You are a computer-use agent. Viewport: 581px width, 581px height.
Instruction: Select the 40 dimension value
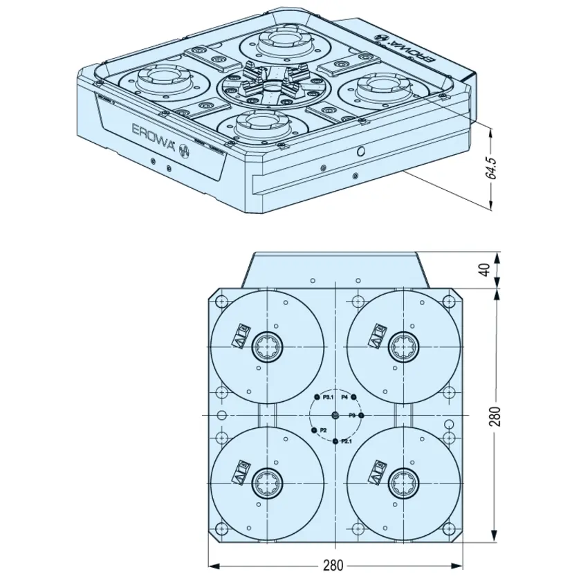pos(492,269)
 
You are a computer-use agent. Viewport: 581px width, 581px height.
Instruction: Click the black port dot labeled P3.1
pos(317,397)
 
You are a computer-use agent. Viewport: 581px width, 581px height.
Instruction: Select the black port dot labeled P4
pos(353,397)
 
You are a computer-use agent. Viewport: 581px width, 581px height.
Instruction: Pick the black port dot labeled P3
pos(361,415)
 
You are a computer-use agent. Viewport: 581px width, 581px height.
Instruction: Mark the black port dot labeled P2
pos(315,431)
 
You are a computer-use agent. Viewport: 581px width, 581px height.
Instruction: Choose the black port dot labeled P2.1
pos(335,441)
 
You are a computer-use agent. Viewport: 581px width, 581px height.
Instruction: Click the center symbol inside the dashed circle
pos(335,415)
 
